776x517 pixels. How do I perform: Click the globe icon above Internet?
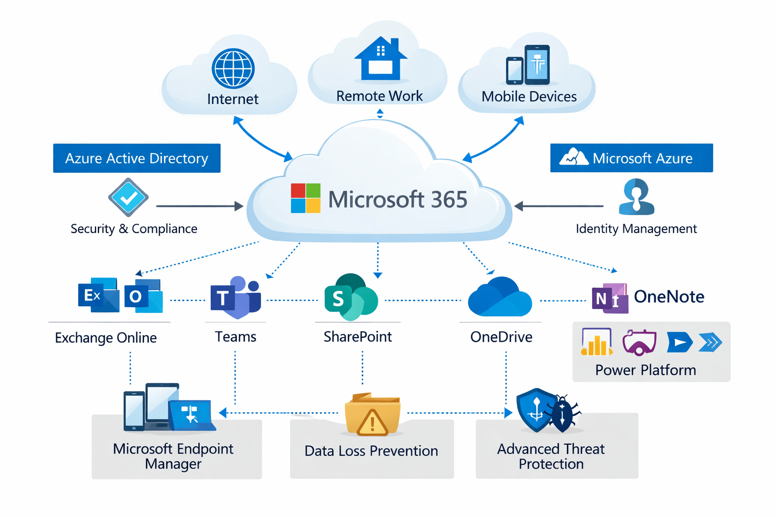point(233,69)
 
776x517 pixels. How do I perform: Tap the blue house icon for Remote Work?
point(380,59)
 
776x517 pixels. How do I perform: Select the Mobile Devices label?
point(529,96)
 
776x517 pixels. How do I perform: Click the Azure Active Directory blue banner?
point(136,159)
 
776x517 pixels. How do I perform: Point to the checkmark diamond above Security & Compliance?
point(128,197)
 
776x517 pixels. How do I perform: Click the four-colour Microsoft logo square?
point(306,198)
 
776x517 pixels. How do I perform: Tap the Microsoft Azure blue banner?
point(631,159)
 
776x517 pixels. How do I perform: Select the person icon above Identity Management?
point(636,196)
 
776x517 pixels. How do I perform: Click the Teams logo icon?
point(235,298)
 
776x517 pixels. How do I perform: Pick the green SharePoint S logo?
point(350,298)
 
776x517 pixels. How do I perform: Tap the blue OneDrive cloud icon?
point(500,298)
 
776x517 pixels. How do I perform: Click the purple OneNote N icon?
point(610,298)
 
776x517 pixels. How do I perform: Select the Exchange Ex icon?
point(98,295)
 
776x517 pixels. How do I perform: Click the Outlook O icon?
point(143,296)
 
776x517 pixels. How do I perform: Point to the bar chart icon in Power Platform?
point(597,342)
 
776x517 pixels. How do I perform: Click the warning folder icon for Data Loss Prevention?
point(372,415)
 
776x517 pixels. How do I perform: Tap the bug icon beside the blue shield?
point(563,413)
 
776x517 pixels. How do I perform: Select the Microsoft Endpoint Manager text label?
point(173,456)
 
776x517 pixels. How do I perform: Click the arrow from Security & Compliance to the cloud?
point(200,206)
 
